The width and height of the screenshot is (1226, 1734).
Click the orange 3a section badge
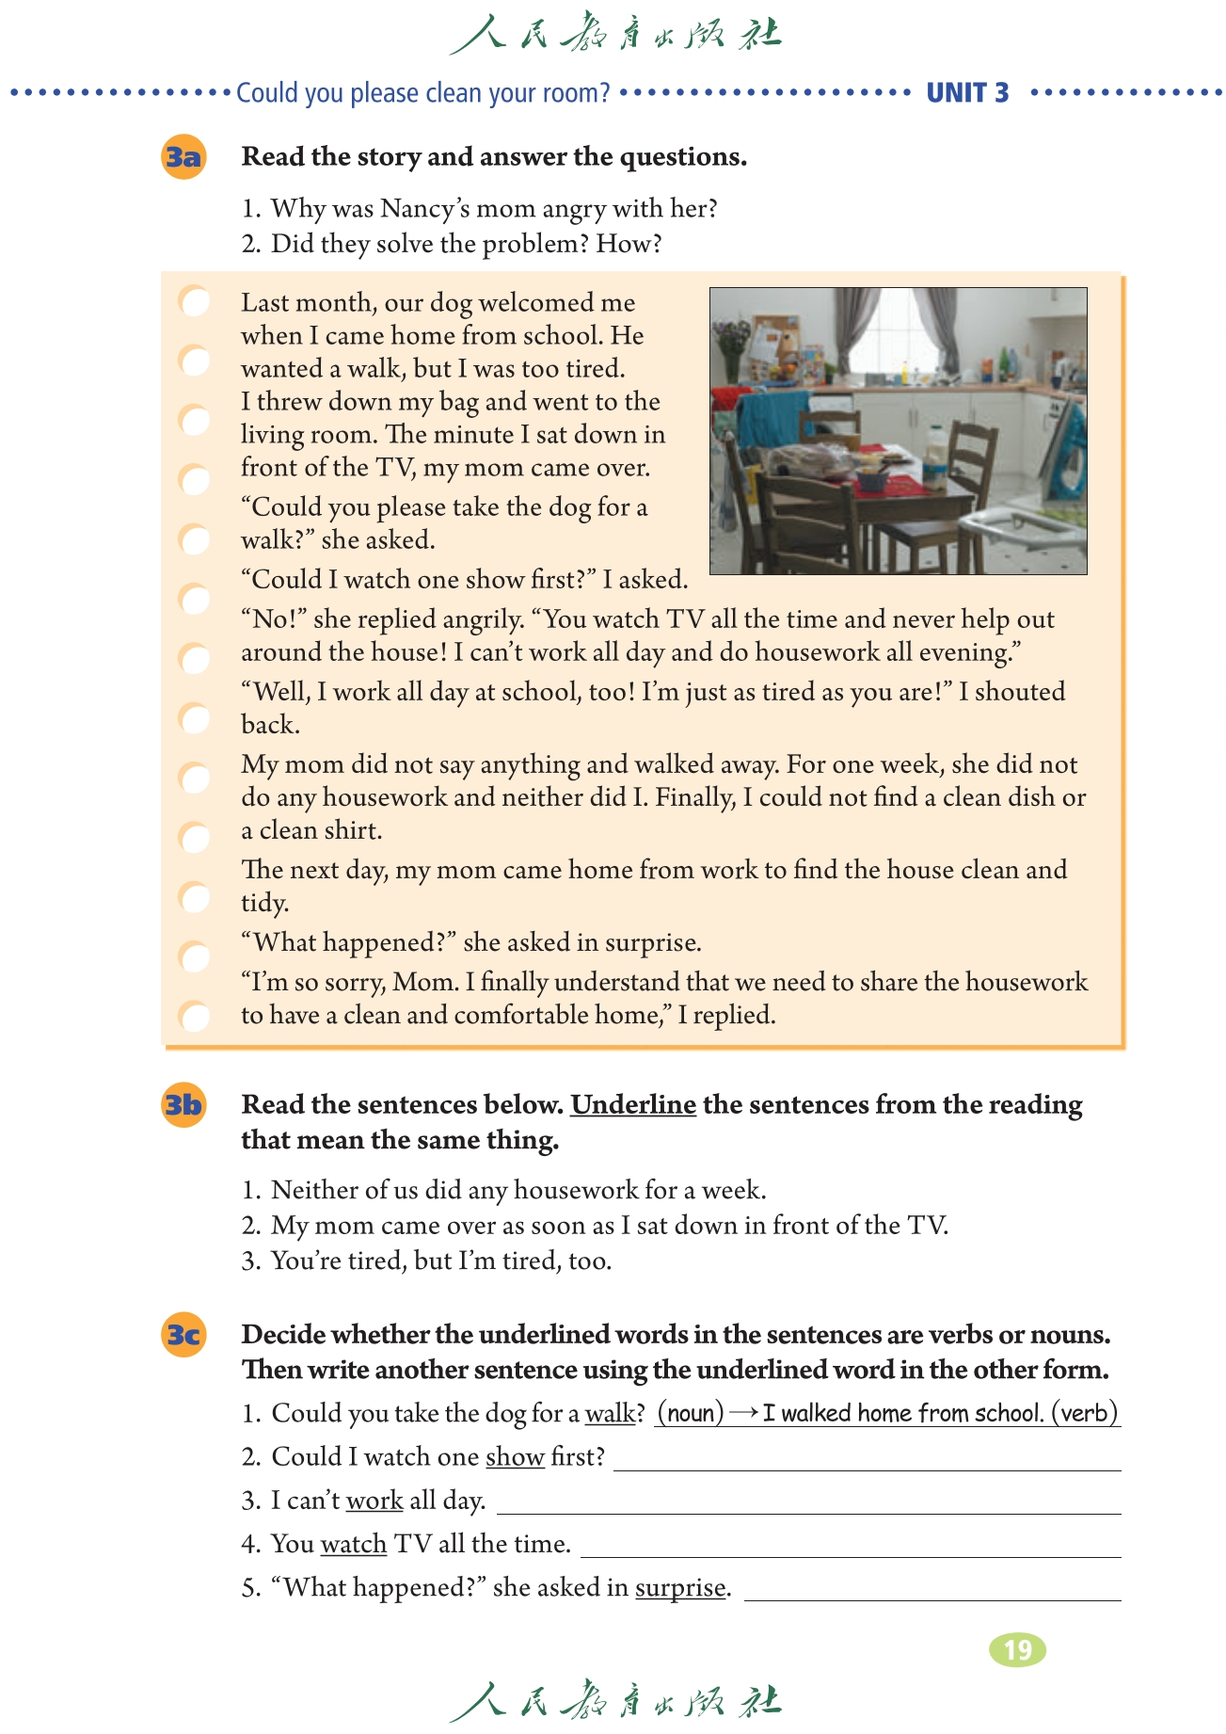183,156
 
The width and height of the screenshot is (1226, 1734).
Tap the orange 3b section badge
183,1104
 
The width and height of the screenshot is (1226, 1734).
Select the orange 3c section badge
183,1335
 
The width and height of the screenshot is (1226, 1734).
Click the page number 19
1017,1649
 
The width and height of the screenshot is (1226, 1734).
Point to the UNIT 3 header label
967,92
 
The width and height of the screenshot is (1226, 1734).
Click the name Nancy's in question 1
425,208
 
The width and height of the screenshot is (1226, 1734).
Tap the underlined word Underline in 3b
633,1104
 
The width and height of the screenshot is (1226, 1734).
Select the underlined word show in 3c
515,1457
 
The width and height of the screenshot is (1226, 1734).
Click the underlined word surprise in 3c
680,1588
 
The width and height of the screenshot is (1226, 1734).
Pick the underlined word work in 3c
374,1501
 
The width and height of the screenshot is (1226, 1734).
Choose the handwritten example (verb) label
1084,1413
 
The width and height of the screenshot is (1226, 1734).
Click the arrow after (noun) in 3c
743,1413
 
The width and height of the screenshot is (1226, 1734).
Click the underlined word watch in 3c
354,1544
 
